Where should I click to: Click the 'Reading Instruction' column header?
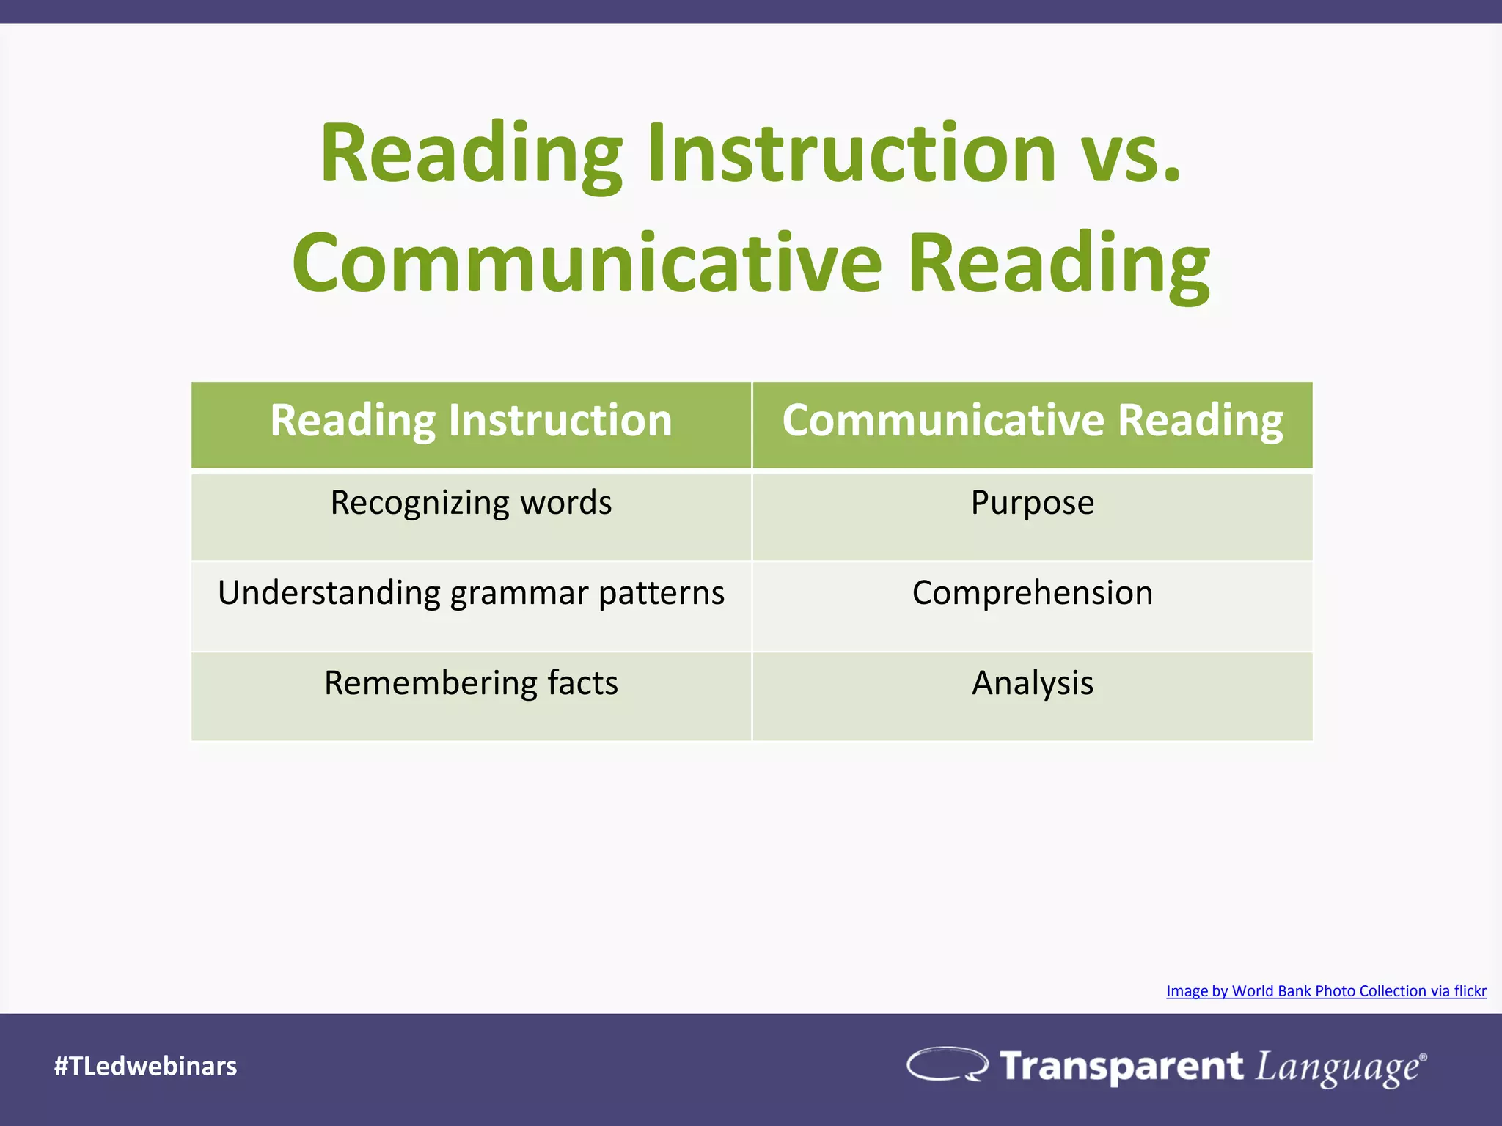[471, 422]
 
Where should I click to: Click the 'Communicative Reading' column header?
[1032, 422]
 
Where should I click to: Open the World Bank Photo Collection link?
[1326, 991]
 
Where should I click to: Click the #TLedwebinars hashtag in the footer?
[145, 1066]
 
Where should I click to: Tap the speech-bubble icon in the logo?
[947, 1064]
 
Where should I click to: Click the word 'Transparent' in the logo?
[1121, 1066]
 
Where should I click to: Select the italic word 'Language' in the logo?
[1336, 1067]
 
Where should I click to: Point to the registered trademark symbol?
[1423, 1057]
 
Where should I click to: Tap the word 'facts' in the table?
[583, 683]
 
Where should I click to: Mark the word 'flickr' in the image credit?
[1470, 991]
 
